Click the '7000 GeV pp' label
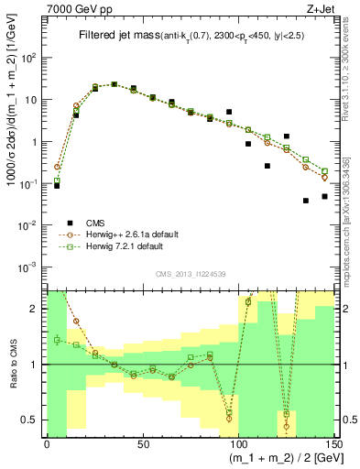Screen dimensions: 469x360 74,8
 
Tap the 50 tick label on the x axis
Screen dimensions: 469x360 142,442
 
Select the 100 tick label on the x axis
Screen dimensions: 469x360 238,442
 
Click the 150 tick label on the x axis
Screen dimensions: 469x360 333,442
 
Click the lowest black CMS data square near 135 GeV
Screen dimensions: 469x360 306,201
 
